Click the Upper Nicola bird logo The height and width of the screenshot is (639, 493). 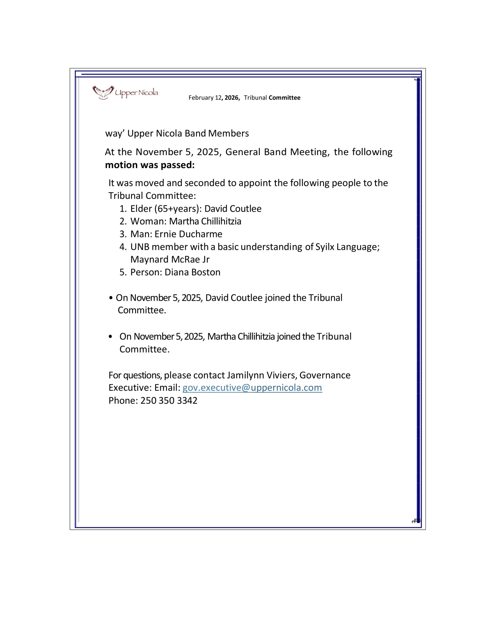103,92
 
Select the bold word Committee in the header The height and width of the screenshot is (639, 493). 284,98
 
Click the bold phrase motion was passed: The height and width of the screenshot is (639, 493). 150,165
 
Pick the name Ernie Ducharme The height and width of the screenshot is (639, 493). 188,234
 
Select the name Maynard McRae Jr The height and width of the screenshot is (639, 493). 170,260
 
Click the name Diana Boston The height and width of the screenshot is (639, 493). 192,272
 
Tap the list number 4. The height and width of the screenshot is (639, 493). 122,247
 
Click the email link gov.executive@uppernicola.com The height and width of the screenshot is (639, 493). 252,388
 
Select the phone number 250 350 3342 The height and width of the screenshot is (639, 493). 169,401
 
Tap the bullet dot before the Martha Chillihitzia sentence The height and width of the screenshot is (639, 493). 110,337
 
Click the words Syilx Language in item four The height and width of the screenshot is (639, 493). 347,247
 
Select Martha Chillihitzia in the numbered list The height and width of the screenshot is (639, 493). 205,221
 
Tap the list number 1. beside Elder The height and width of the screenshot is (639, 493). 123,209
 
